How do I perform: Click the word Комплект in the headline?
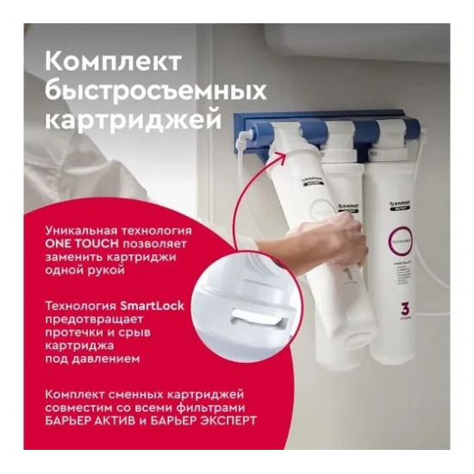pos(113,64)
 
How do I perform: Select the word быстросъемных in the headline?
pos(154,90)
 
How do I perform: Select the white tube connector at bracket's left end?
pos(244,137)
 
